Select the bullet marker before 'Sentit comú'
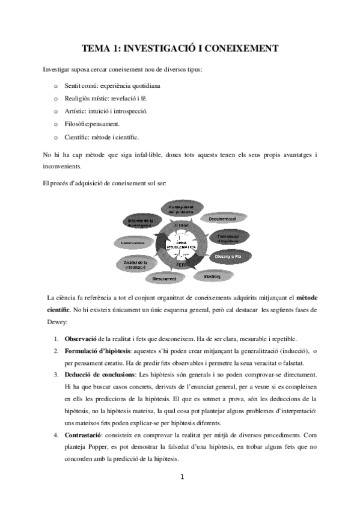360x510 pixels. point(56,86)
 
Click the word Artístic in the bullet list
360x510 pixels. point(76,111)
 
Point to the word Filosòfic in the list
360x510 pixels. point(77,124)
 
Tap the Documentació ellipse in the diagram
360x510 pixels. point(222,219)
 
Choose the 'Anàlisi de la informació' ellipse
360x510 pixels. point(135,265)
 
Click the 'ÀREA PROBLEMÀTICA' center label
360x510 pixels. point(180,245)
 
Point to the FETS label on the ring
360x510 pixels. point(180,264)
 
